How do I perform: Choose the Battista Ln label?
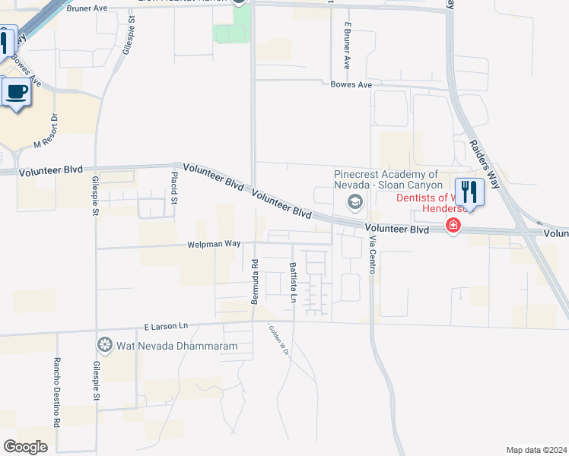point(292,282)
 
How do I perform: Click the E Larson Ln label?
point(166,326)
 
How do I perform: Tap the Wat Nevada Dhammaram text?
point(176,346)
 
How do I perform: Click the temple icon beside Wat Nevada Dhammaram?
point(104,346)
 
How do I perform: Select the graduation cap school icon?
point(354,201)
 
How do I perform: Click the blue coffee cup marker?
point(17,93)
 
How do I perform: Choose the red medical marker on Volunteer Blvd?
point(453,226)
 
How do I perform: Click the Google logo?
point(26,447)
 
